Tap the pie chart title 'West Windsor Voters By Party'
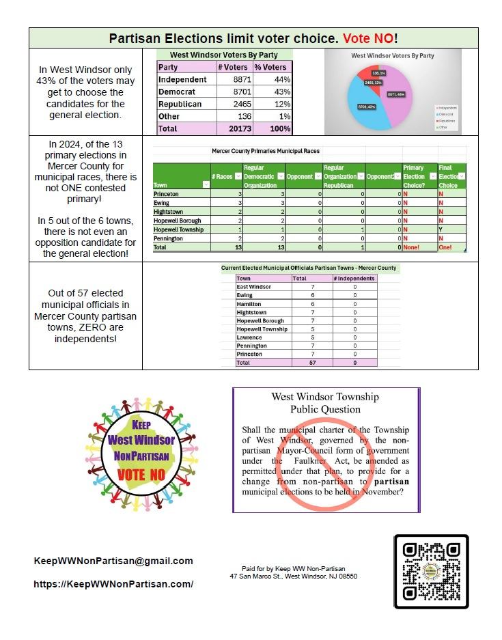[x=392, y=56]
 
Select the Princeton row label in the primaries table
[x=168, y=195]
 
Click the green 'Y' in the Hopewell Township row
[x=441, y=229]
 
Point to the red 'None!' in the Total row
[x=413, y=247]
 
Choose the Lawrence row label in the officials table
[x=249, y=337]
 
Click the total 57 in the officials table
[x=312, y=363]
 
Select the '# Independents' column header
[x=354, y=279]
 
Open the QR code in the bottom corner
[x=431, y=572]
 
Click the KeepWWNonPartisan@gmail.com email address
[x=113, y=561]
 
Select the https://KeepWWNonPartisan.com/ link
[x=113, y=584]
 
